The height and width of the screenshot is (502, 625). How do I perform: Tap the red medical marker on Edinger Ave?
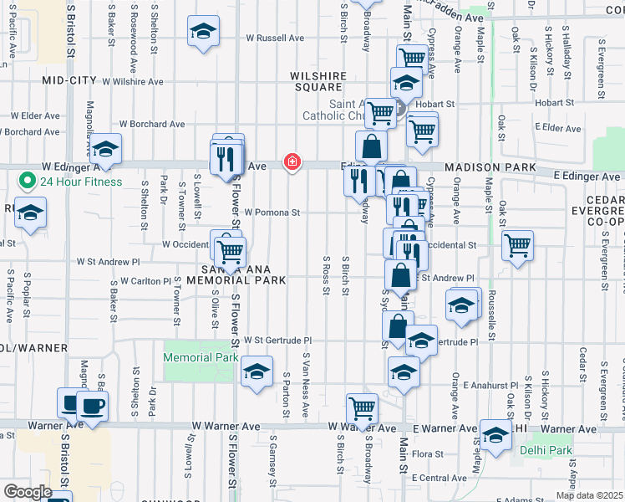(292, 161)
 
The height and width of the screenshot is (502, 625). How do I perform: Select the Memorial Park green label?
(201, 357)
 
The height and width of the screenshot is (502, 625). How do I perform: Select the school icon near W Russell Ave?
(203, 32)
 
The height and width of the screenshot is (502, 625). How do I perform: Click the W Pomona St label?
(272, 213)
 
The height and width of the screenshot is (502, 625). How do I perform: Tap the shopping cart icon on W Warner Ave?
(362, 408)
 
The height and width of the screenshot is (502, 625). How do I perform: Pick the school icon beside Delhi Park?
(495, 435)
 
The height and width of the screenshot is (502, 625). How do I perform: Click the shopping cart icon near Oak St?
(518, 245)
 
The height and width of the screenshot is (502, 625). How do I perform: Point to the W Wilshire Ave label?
(132, 81)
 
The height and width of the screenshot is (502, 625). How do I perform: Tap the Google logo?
(28, 492)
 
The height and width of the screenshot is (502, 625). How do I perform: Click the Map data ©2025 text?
(589, 495)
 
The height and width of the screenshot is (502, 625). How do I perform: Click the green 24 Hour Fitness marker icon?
(28, 181)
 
